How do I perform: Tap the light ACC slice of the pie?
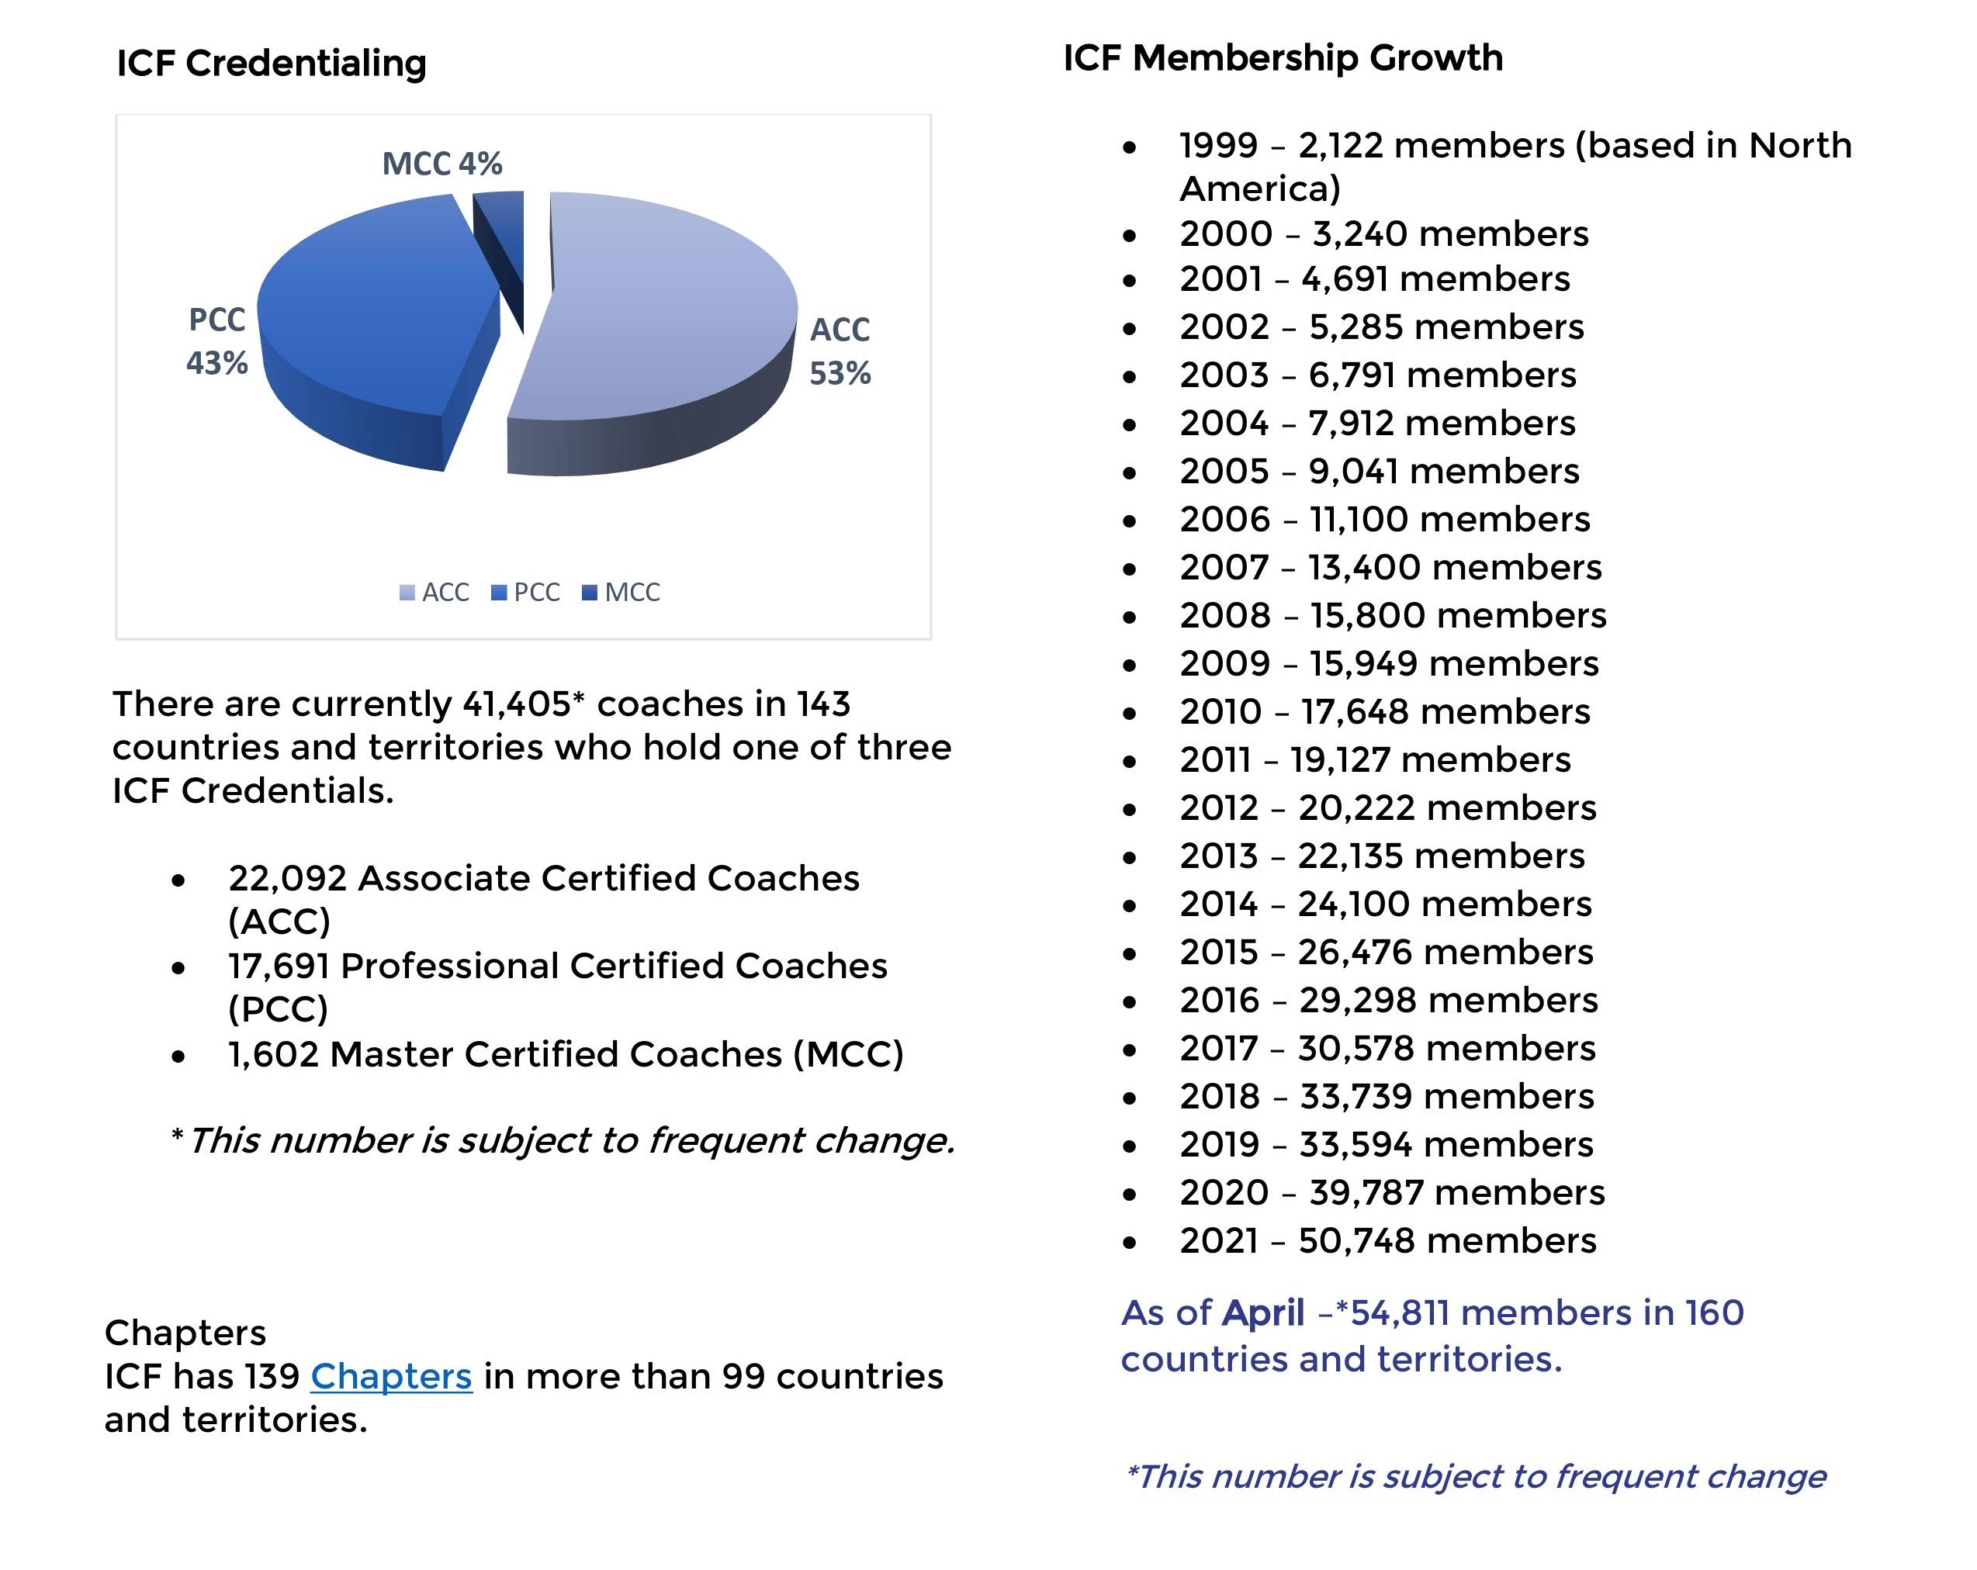(x=660, y=312)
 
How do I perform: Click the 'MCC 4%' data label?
(x=442, y=164)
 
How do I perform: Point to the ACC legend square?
(x=407, y=593)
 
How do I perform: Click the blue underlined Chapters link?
(x=392, y=1377)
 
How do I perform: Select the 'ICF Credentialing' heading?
(x=272, y=64)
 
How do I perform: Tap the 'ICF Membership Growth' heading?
(x=1283, y=57)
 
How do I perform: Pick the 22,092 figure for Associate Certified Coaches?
(x=287, y=878)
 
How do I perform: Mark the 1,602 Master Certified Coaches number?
(x=273, y=1054)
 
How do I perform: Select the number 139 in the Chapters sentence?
(x=272, y=1377)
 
